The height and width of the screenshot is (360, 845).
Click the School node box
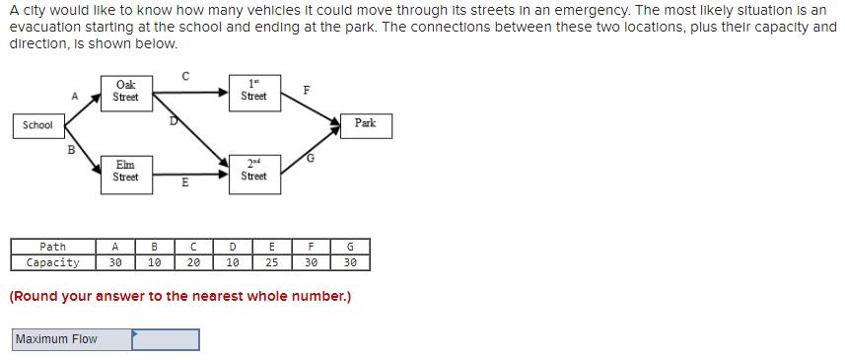click(37, 125)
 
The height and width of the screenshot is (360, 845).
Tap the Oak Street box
click(125, 91)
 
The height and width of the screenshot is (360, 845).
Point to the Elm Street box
click(125, 171)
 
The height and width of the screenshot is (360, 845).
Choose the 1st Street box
click(253, 91)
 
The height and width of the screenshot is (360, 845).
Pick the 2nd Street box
click(253, 171)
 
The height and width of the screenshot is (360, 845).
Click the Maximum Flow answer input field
click(166, 339)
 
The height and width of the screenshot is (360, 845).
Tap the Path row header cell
click(53, 247)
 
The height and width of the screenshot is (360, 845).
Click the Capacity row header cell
click(53, 262)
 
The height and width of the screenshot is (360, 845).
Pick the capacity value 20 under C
click(193, 262)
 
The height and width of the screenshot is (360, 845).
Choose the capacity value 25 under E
click(271, 262)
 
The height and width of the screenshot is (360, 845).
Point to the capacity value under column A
click(115, 262)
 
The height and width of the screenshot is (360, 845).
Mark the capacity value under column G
click(350, 262)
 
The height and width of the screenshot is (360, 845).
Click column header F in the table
click(311, 247)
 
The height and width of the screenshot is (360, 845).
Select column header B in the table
click(154, 247)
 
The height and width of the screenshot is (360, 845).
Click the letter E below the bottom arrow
click(184, 182)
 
